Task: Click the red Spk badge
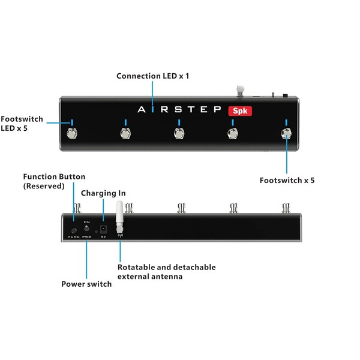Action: [x=242, y=110]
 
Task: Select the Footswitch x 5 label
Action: [x=287, y=179]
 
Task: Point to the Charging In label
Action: [x=103, y=193]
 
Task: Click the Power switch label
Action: [x=86, y=284]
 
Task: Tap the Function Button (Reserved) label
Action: [x=54, y=181]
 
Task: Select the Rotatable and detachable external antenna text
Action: [x=166, y=271]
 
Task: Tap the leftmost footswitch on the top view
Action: [x=72, y=134]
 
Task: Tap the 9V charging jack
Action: [x=103, y=229]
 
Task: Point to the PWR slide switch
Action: [x=87, y=229]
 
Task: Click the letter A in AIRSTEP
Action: [x=141, y=110]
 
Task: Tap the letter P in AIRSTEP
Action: [x=218, y=110]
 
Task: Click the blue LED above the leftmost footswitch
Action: [x=72, y=122]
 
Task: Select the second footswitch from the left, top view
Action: [x=125, y=134]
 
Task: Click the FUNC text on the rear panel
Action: [x=74, y=238]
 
